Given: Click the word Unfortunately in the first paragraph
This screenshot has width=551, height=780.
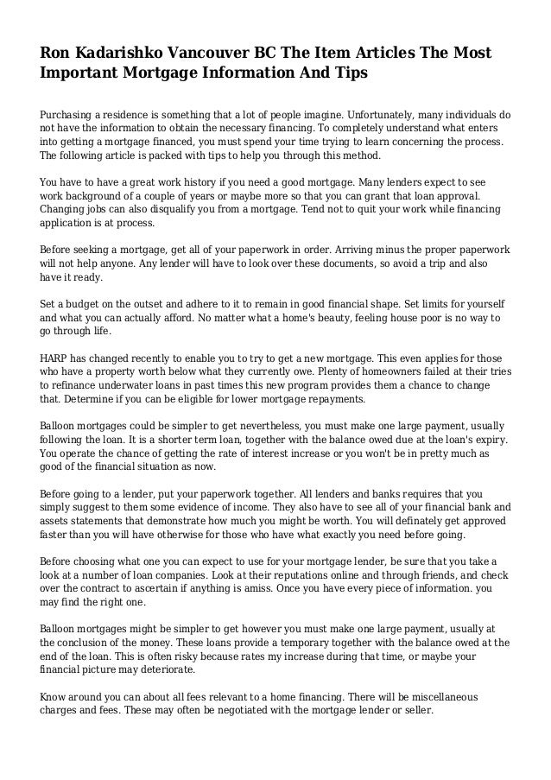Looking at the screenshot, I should (331, 114).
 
